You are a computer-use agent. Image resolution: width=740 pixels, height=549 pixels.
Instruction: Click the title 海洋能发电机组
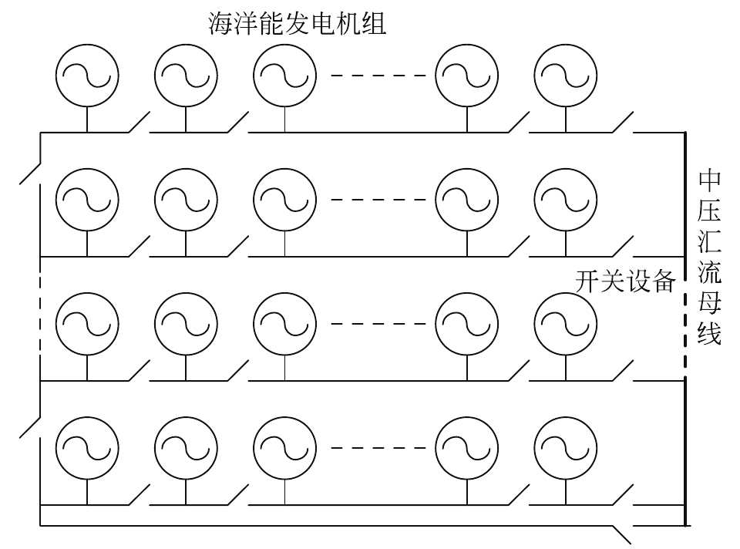click(x=297, y=23)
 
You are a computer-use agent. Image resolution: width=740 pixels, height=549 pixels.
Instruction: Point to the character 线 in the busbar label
click(x=709, y=335)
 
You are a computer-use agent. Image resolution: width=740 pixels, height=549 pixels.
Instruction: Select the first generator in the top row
click(x=86, y=75)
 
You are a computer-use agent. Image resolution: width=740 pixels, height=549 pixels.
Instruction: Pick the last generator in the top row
click(x=565, y=75)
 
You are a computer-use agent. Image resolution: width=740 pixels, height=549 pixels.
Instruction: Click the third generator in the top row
click(x=284, y=75)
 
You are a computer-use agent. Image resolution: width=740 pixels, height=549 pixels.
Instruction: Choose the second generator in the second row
click(x=185, y=200)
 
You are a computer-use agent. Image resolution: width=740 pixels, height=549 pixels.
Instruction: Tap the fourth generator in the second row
click(x=466, y=200)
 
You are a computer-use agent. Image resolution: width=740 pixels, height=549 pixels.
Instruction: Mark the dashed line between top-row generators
click(x=378, y=76)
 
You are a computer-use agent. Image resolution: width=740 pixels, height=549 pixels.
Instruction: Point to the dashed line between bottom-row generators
click(x=378, y=448)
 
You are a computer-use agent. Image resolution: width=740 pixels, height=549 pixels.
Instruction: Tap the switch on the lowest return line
click(x=622, y=534)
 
